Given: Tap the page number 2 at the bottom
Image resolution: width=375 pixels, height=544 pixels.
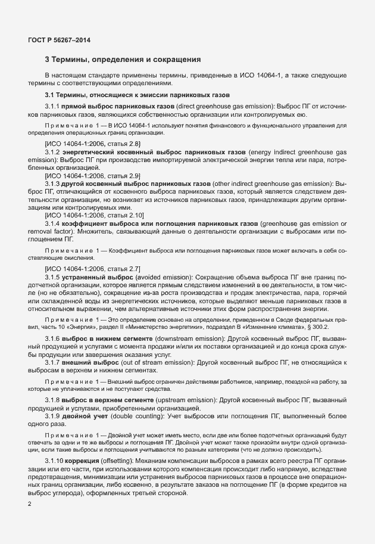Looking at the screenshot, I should click(30, 504).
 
